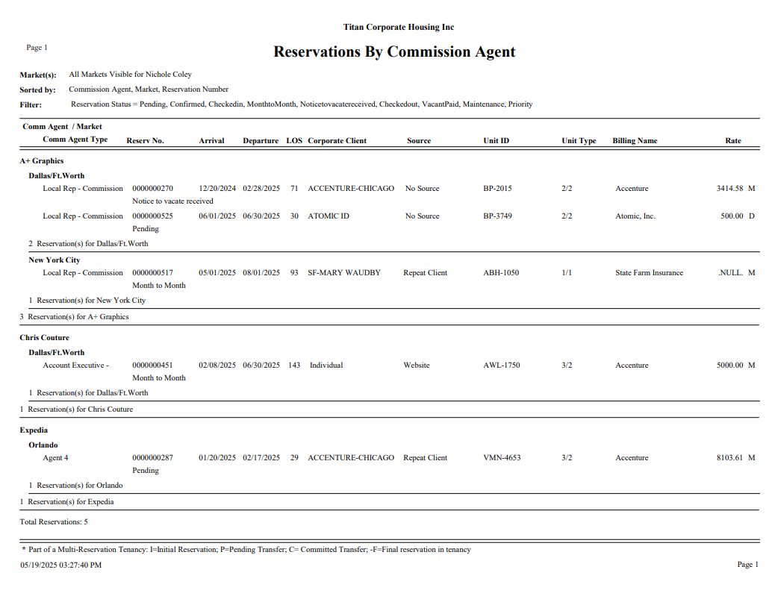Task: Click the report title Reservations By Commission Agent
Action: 394,52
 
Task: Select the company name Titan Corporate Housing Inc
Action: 399,28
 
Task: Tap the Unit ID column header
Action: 496,141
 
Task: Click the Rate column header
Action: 733,141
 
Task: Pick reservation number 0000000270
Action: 152,189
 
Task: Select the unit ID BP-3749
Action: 497,216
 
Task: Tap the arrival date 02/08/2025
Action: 217,366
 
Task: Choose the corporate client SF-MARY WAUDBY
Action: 344,273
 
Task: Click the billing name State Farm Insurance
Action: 649,273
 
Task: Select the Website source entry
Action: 417,366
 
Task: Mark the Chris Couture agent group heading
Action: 44,338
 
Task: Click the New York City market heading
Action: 54,260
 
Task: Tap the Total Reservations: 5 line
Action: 54,522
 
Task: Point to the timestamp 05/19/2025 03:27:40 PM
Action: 60,565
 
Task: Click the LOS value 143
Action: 294,366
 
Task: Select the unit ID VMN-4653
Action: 502,458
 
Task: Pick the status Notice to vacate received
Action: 172,201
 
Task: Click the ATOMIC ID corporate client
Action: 329,216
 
